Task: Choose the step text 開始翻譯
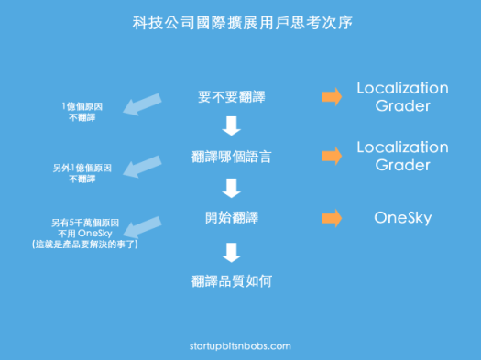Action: (x=231, y=218)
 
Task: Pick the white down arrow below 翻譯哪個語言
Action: (x=231, y=188)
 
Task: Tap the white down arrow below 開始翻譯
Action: (x=231, y=250)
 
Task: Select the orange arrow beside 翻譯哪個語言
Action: (x=332, y=156)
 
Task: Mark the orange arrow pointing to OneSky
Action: (x=332, y=218)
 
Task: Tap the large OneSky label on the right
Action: (x=401, y=218)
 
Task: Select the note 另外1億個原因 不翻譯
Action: (x=82, y=173)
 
